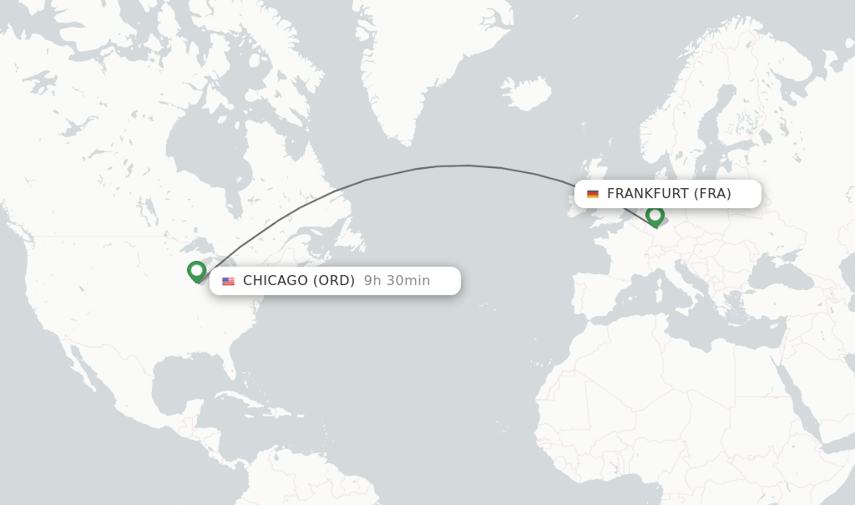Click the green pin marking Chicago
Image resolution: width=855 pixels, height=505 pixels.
[x=196, y=271]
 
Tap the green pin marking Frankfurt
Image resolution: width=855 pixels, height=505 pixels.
[x=655, y=216]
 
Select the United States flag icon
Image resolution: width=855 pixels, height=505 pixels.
[x=228, y=281]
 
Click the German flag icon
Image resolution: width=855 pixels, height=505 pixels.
[x=593, y=194]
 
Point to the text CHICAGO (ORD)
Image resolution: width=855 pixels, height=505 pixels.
[x=299, y=281]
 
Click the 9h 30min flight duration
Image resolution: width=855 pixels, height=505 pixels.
[x=397, y=281]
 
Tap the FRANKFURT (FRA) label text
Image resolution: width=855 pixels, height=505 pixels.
[x=669, y=194]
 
